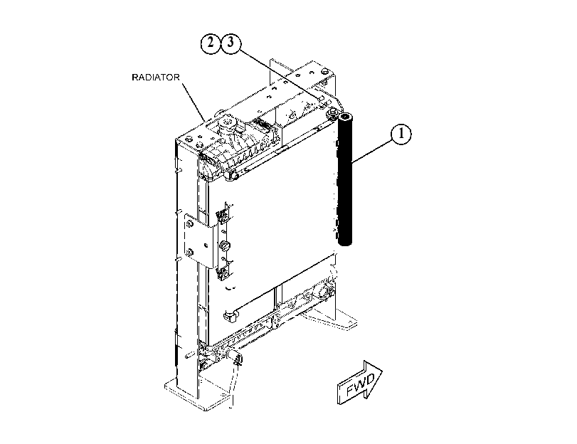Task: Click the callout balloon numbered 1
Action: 401,134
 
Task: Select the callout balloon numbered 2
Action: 211,43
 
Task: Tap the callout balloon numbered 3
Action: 231,43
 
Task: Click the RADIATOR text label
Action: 156,78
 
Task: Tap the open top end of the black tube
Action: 345,118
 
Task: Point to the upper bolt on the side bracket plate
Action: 189,223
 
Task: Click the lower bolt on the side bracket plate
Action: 189,253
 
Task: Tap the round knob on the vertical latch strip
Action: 223,245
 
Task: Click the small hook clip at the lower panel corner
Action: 229,314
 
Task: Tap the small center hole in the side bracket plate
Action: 206,245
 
